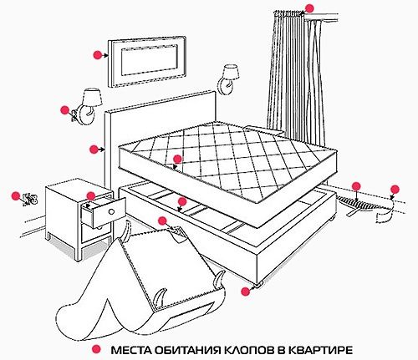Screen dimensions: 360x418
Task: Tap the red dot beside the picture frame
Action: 97,53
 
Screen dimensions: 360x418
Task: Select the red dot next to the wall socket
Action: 14,196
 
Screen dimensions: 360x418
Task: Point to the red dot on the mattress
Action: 176,157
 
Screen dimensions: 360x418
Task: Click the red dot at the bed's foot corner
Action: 244,292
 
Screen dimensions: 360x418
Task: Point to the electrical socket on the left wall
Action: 32,200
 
